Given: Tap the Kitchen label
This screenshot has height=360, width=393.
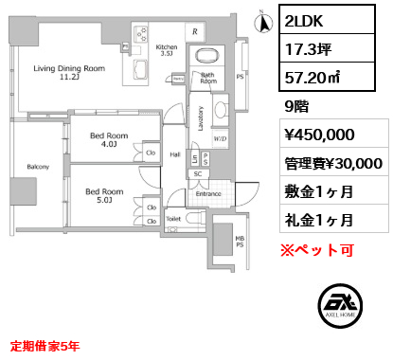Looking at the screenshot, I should (167, 50).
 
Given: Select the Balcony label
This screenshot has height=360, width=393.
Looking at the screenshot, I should (37, 167).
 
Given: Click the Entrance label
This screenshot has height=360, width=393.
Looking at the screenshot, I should (208, 194).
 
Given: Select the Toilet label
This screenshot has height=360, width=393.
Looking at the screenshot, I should (172, 216).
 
